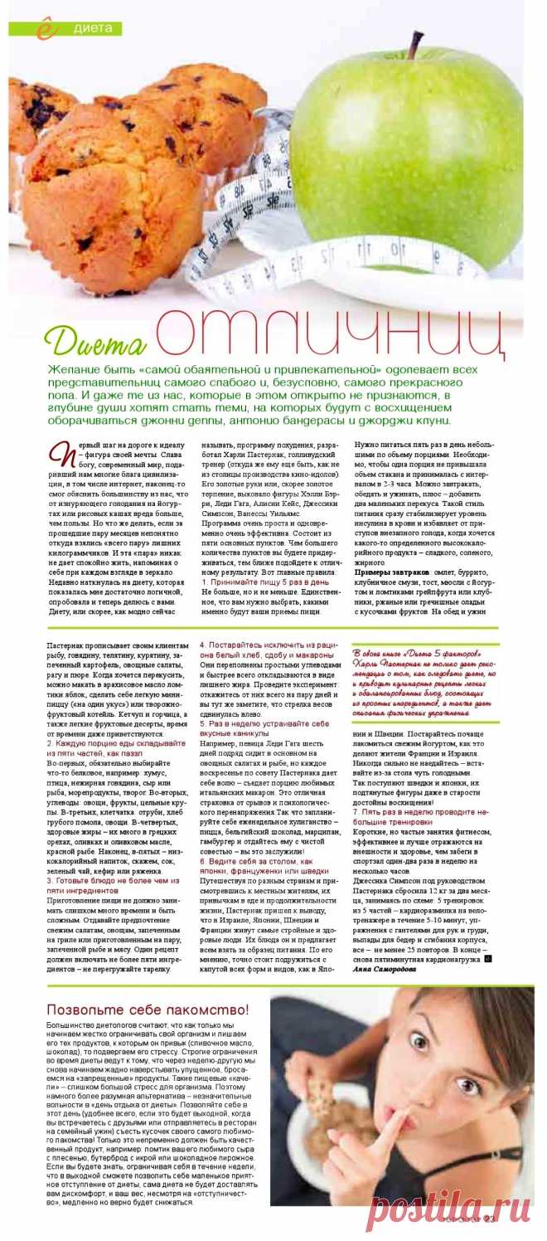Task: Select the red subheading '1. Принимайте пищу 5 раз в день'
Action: (x=265, y=583)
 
